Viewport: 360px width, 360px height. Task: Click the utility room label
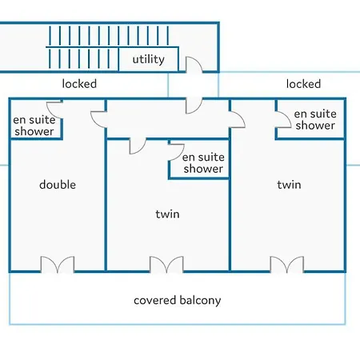pyautogui.click(x=149, y=59)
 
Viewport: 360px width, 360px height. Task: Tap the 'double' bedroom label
pyautogui.click(x=58, y=185)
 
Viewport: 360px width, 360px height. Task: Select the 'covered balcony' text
pyautogui.click(x=178, y=300)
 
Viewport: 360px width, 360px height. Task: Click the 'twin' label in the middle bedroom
pyautogui.click(x=167, y=214)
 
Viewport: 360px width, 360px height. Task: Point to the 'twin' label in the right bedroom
pyautogui.click(x=289, y=185)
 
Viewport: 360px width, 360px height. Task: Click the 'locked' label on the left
pyautogui.click(x=79, y=84)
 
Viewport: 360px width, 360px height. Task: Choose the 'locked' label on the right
pyautogui.click(x=303, y=84)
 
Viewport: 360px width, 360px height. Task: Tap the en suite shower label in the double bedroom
pyautogui.click(x=34, y=126)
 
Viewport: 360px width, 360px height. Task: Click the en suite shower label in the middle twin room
pyautogui.click(x=203, y=163)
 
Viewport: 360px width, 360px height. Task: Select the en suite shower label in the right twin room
pyautogui.click(x=315, y=119)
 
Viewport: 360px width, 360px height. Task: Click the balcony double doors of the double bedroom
pyautogui.click(x=58, y=265)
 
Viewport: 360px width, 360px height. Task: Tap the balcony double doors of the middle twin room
pyautogui.click(x=166, y=265)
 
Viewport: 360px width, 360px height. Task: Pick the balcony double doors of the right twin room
pyautogui.click(x=287, y=265)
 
